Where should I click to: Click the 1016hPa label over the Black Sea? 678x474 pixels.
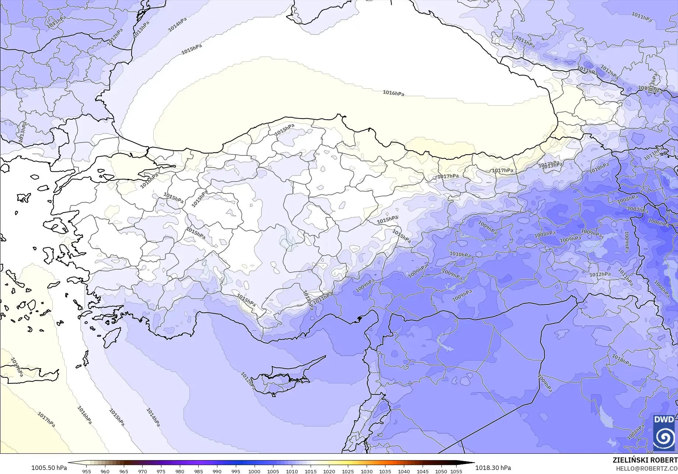(x=393, y=93)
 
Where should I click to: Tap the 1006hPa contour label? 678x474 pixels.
(x=658, y=223)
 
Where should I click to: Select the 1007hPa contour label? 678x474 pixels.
(x=637, y=210)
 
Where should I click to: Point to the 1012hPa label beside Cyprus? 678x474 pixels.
(x=248, y=381)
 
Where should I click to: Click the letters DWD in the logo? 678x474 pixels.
(x=664, y=420)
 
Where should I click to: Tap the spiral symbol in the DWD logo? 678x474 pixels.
(x=664, y=438)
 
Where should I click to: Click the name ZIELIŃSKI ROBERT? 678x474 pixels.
(x=645, y=460)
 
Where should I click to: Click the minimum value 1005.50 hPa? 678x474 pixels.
(x=49, y=468)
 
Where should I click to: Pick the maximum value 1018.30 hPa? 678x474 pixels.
(x=493, y=468)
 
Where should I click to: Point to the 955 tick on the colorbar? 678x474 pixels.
(x=87, y=471)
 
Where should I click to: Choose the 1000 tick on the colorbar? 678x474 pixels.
(x=254, y=471)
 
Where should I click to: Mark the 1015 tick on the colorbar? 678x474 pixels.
(x=310, y=471)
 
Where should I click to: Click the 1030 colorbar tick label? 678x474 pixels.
(x=366, y=471)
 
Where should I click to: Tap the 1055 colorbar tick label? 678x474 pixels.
(x=456, y=471)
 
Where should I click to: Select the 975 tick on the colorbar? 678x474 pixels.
(x=161, y=471)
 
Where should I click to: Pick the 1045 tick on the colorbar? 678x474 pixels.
(x=422, y=471)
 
